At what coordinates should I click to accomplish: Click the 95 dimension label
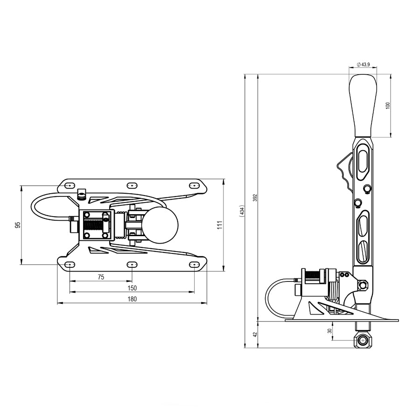tap(18, 225)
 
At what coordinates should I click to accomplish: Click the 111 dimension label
tap(220, 225)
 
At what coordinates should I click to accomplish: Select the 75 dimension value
tap(101, 277)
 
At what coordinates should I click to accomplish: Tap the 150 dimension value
tap(132, 288)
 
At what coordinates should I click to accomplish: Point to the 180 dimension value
tap(132, 299)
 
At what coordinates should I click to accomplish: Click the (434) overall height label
tap(242, 211)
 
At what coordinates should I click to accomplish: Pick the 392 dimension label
tap(255, 198)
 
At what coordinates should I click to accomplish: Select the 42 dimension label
tap(255, 334)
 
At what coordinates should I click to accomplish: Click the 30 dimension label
tap(330, 331)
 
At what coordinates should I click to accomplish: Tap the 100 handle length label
tap(388, 105)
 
